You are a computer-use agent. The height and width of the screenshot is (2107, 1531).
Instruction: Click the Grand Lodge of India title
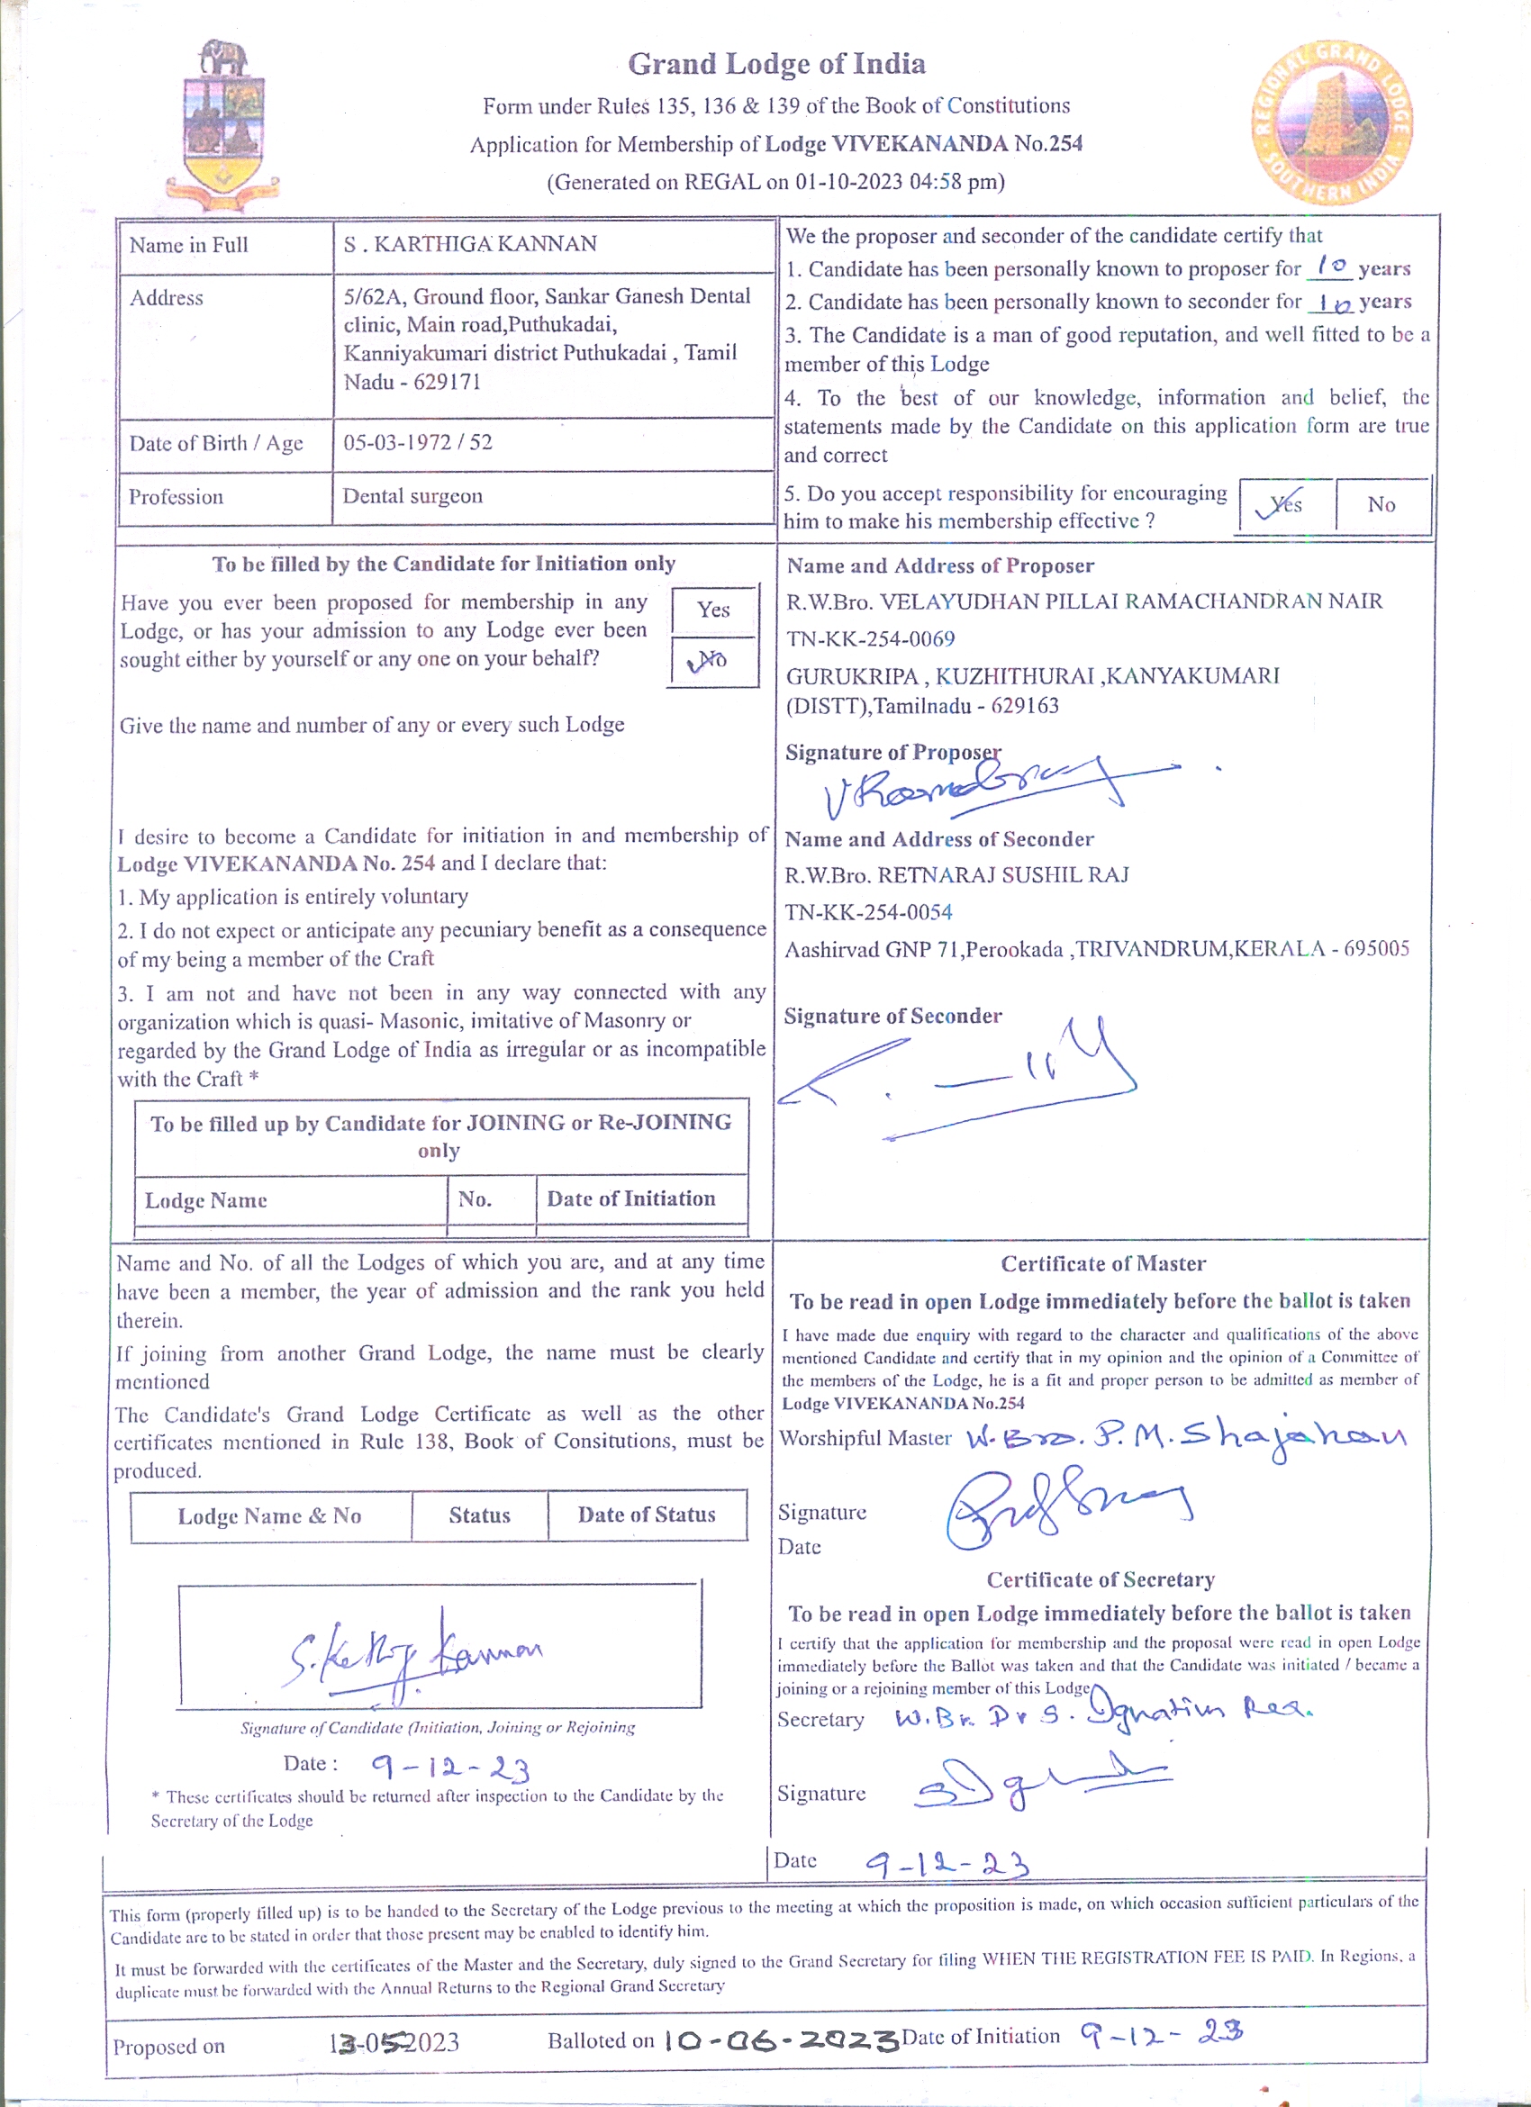click(x=775, y=64)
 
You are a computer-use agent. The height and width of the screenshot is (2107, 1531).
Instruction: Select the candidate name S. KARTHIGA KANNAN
click(x=470, y=244)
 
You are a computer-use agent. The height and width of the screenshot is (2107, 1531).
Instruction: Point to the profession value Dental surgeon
click(x=412, y=496)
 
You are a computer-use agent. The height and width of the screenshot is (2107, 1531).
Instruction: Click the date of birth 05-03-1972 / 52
click(x=418, y=442)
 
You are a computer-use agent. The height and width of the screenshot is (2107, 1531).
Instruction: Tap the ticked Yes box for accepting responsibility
click(x=1285, y=504)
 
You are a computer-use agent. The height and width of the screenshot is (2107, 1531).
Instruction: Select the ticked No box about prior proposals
click(x=712, y=661)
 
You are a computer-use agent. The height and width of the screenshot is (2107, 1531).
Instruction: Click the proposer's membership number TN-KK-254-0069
click(x=871, y=639)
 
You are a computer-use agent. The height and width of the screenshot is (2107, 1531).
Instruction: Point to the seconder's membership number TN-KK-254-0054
click(x=869, y=912)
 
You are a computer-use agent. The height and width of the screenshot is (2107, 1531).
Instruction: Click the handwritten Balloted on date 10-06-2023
click(x=781, y=2041)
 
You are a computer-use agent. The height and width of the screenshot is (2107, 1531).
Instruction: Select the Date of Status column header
click(x=647, y=1515)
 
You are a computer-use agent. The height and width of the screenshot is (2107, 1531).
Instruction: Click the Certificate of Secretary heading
click(x=1100, y=1580)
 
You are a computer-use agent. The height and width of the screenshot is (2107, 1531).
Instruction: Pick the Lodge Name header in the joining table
click(x=206, y=1200)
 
